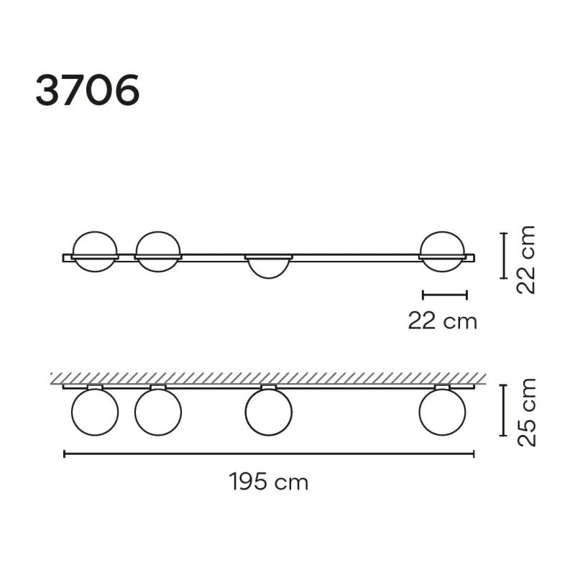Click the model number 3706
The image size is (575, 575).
tap(87, 90)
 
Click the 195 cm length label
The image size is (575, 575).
tap(269, 482)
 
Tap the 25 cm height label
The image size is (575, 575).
tap(527, 412)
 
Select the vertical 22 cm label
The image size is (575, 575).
tap(526, 259)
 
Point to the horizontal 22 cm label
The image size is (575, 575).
tap(443, 321)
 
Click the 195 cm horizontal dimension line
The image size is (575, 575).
tap(269, 454)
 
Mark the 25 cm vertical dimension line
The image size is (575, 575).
tap(504, 410)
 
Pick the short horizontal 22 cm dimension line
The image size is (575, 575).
tap(445, 295)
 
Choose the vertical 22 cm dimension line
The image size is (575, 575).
tap(504, 256)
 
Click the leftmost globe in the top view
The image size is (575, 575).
tap(95, 231)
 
